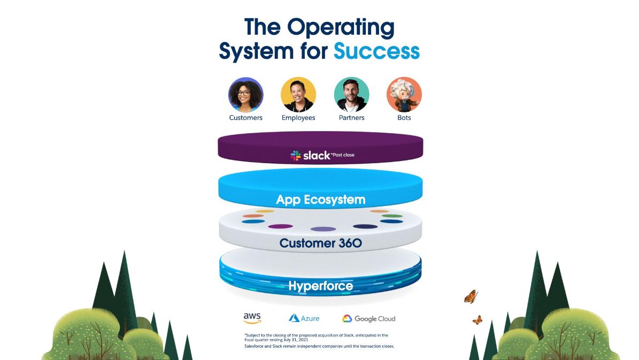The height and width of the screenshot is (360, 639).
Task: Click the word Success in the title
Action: (x=376, y=51)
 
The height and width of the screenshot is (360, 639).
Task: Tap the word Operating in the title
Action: (x=340, y=27)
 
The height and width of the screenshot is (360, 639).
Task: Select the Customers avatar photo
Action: (x=245, y=95)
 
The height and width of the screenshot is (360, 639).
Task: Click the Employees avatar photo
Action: (x=298, y=95)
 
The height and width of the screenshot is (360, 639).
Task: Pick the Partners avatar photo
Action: (x=351, y=95)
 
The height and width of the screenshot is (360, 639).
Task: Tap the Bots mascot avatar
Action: (x=404, y=95)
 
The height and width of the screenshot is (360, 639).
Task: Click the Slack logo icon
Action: (x=296, y=155)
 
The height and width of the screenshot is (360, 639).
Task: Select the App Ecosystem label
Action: (x=320, y=200)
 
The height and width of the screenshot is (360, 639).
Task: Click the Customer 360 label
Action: (x=320, y=243)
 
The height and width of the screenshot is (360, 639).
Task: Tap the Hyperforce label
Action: (x=320, y=286)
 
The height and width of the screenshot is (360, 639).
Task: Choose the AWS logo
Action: (x=252, y=318)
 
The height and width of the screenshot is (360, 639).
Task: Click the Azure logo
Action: (x=304, y=318)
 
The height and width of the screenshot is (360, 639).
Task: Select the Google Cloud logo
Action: (x=369, y=319)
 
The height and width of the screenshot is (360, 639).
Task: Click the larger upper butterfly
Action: (x=471, y=296)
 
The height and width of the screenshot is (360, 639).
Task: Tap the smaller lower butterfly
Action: (x=477, y=320)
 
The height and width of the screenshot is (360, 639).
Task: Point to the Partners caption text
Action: (x=351, y=118)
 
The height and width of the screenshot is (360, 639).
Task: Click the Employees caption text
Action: (x=298, y=118)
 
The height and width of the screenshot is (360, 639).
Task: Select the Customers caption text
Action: (x=245, y=118)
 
